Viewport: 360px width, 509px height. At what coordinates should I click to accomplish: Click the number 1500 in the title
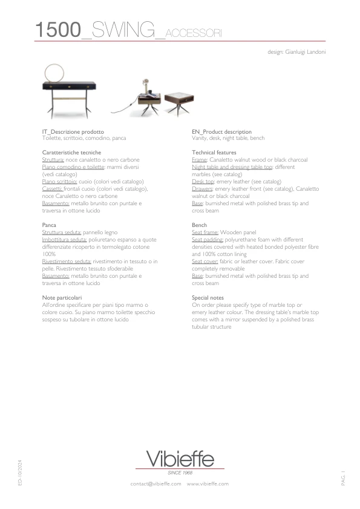pos(57,30)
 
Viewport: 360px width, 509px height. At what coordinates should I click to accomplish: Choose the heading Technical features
pos(214,153)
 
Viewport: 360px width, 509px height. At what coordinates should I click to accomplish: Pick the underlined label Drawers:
pos(203,189)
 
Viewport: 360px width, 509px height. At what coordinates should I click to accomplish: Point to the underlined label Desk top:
pos(203,182)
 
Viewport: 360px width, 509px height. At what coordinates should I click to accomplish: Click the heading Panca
pos(49,225)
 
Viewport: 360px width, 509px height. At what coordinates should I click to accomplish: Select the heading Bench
pos(199,225)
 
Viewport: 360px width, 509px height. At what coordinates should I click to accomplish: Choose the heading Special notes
pos(208,298)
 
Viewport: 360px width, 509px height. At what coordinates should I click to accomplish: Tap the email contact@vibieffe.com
pos(155,484)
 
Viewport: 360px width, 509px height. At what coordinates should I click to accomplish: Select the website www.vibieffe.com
pos(208,484)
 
